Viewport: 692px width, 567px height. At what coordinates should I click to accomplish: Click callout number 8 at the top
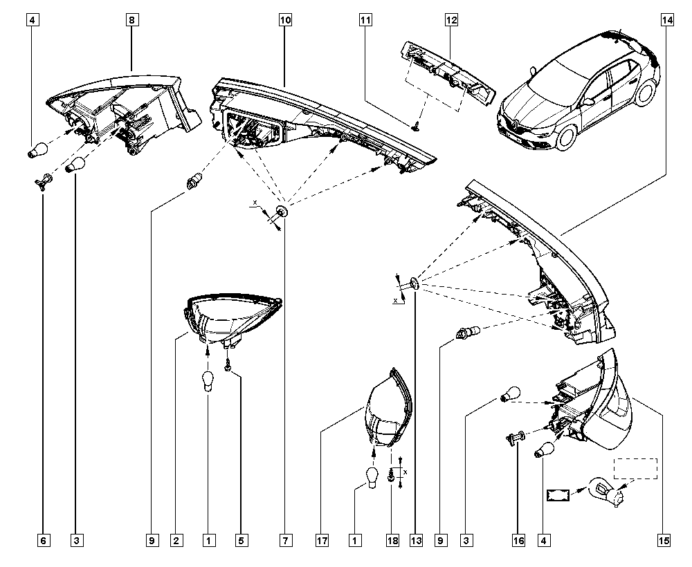(x=132, y=20)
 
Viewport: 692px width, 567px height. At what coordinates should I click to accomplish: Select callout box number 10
(x=285, y=20)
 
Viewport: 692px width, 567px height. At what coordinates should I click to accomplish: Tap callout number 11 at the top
(x=365, y=20)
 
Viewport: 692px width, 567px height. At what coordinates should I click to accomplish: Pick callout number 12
(x=451, y=20)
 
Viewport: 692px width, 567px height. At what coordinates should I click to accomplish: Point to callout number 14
(x=667, y=20)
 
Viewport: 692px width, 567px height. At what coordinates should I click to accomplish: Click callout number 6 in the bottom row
(x=43, y=540)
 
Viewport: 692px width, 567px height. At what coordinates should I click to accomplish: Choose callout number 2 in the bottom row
(x=176, y=540)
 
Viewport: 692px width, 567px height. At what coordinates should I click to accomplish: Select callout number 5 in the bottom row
(x=241, y=540)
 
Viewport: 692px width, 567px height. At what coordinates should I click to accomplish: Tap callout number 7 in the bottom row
(x=286, y=540)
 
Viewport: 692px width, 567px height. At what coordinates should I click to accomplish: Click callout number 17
(x=322, y=540)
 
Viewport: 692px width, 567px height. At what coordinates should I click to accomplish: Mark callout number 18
(x=392, y=540)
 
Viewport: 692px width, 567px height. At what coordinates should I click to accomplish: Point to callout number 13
(x=416, y=540)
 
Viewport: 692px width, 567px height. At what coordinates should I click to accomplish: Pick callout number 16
(x=518, y=540)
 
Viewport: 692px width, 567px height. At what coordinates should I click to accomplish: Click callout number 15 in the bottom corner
(x=664, y=540)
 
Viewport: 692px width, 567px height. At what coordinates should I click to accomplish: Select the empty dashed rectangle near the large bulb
(x=635, y=468)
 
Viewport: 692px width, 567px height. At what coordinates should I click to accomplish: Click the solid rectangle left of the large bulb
(x=558, y=495)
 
